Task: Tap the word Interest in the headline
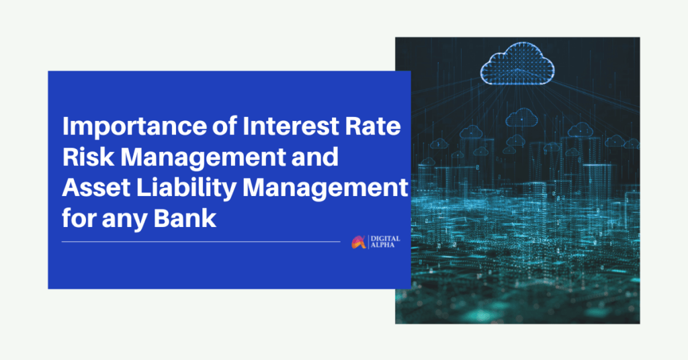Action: (x=290, y=126)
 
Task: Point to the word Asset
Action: (x=96, y=187)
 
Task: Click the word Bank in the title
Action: (x=185, y=218)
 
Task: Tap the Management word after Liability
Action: (x=326, y=189)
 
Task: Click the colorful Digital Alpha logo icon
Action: (x=359, y=242)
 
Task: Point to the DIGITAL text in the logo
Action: (x=386, y=239)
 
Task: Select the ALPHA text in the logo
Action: (x=382, y=245)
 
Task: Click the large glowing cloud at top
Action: (x=517, y=63)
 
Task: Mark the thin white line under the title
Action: (x=201, y=242)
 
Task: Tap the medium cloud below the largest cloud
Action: (x=521, y=117)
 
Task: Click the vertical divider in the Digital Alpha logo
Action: (x=369, y=242)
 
